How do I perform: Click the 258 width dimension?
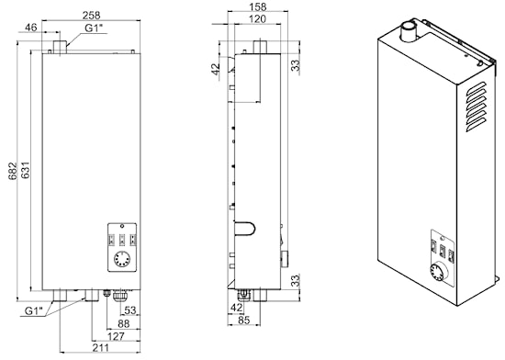point(92,15)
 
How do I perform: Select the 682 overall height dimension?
point(12,171)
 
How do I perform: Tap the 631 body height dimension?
point(25,170)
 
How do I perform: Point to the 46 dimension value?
point(31,27)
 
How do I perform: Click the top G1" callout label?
point(94,28)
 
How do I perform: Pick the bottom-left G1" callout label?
point(34,311)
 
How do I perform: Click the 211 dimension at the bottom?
point(100,348)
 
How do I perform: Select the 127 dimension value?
point(116,336)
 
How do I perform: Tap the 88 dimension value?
point(123,323)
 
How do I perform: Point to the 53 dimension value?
point(130,310)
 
